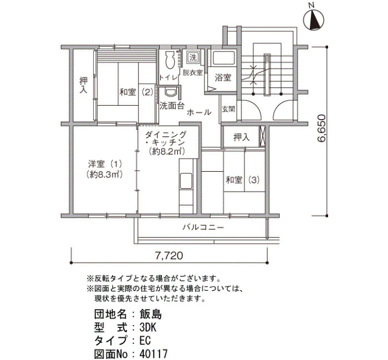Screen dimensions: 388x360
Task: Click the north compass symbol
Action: point(314,20)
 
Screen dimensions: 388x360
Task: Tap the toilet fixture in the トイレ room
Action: point(170,60)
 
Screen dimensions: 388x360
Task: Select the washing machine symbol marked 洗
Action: point(193,58)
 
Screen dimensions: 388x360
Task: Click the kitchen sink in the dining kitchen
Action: point(186,181)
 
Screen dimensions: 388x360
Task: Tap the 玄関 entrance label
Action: point(228,109)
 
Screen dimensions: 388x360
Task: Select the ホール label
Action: point(199,112)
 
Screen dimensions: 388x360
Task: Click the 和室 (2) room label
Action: point(136,92)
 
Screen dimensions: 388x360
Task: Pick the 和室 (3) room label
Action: point(243,180)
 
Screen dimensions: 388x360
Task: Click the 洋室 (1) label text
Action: point(105,164)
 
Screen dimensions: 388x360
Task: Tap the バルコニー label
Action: point(203,227)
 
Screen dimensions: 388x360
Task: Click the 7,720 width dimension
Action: point(169,255)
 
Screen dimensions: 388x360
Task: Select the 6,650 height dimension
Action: point(321,128)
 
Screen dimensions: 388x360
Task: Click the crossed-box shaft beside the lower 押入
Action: point(262,136)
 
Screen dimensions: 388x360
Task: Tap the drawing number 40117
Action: point(154,354)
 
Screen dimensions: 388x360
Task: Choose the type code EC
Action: point(145,341)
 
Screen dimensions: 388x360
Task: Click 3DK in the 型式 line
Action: point(148,328)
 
